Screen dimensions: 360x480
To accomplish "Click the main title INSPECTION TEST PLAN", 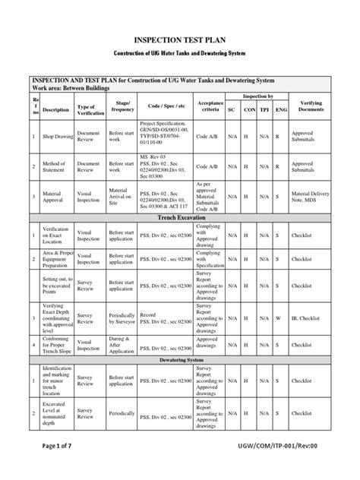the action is click(179, 38).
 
